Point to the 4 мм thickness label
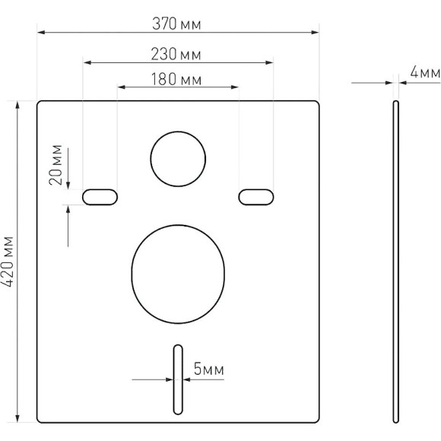[424, 72]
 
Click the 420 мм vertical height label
[9, 261]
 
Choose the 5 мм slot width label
[208, 370]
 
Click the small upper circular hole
[179, 159]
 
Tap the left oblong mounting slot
[100, 197]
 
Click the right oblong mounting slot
[256, 197]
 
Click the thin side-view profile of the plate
[395, 262]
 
